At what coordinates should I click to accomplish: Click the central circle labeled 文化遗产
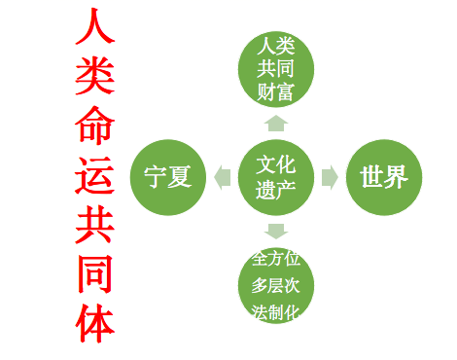point(276,176)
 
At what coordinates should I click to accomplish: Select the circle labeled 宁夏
point(167,177)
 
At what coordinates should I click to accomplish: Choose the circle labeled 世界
point(384,177)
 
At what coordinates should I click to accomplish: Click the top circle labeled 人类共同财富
point(276,69)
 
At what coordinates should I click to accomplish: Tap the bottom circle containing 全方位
point(276,285)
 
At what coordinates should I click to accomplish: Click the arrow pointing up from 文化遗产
point(276,123)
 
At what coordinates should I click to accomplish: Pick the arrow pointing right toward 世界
point(331,177)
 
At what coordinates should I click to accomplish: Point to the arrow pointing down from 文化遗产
point(276,232)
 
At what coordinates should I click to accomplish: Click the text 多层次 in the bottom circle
point(276,285)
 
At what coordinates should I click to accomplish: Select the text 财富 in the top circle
point(276,92)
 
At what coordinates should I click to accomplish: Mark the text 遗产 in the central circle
point(276,189)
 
